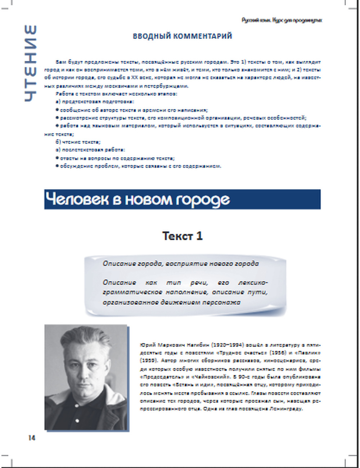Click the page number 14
point(32,438)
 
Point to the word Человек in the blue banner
point(77,199)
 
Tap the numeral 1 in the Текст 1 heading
point(199,236)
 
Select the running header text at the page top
point(282,20)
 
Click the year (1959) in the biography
point(148,361)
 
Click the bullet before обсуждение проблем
point(57,166)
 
